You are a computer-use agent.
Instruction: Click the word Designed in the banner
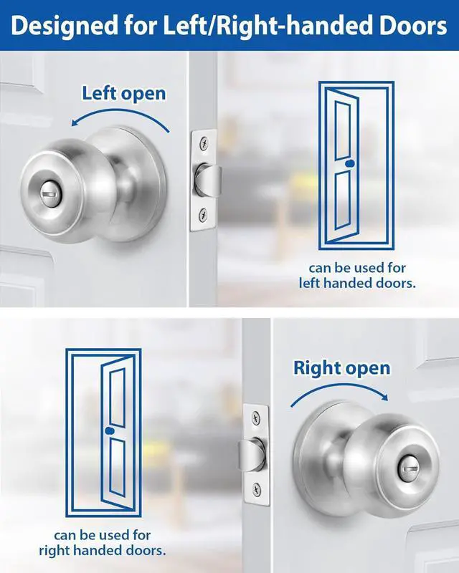pos(65,27)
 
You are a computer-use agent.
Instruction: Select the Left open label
pos(124,94)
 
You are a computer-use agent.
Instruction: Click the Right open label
pos(342,368)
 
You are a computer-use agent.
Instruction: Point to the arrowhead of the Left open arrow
pos(75,122)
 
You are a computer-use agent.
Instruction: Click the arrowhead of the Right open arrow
pos(384,397)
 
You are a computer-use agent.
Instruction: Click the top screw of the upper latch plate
pos(204,143)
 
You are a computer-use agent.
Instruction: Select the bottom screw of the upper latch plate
pos(202,216)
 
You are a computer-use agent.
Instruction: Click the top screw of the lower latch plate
pos(256,418)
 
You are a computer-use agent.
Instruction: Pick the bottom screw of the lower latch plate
pos(257,488)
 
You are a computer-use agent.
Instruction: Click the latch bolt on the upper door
pos(208,180)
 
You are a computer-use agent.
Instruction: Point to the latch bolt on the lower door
pos(251,454)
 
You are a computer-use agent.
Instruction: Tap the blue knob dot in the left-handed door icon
pos(350,163)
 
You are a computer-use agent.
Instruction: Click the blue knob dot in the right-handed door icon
pos(109,430)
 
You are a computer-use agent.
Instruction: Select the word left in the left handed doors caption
pos(310,283)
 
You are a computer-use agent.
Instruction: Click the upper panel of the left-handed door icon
pos(343,130)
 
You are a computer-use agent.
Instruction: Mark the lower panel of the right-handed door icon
pos(117,468)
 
